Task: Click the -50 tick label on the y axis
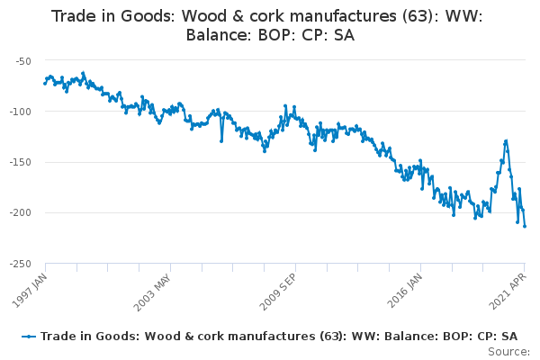pos(23,61)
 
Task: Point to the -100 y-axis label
pos(21,112)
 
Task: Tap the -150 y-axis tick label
pos(21,162)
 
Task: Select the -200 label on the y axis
pos(21,212)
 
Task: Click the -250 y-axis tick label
pos(21,264)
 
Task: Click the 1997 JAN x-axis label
pos(30,291)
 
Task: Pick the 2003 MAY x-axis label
pos(152,292)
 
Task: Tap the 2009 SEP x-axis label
pos(277,292)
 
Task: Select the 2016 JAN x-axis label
pos(404,291)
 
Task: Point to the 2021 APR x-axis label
pos(508,292)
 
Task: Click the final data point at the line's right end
pos(525,226)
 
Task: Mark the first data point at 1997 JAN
pos(45,84)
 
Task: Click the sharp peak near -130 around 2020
pos(506,141)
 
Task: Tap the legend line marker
pos(29,337)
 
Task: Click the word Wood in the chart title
pos(204,16)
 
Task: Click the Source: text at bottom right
pos(509,352)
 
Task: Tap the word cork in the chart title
pos(264,16)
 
